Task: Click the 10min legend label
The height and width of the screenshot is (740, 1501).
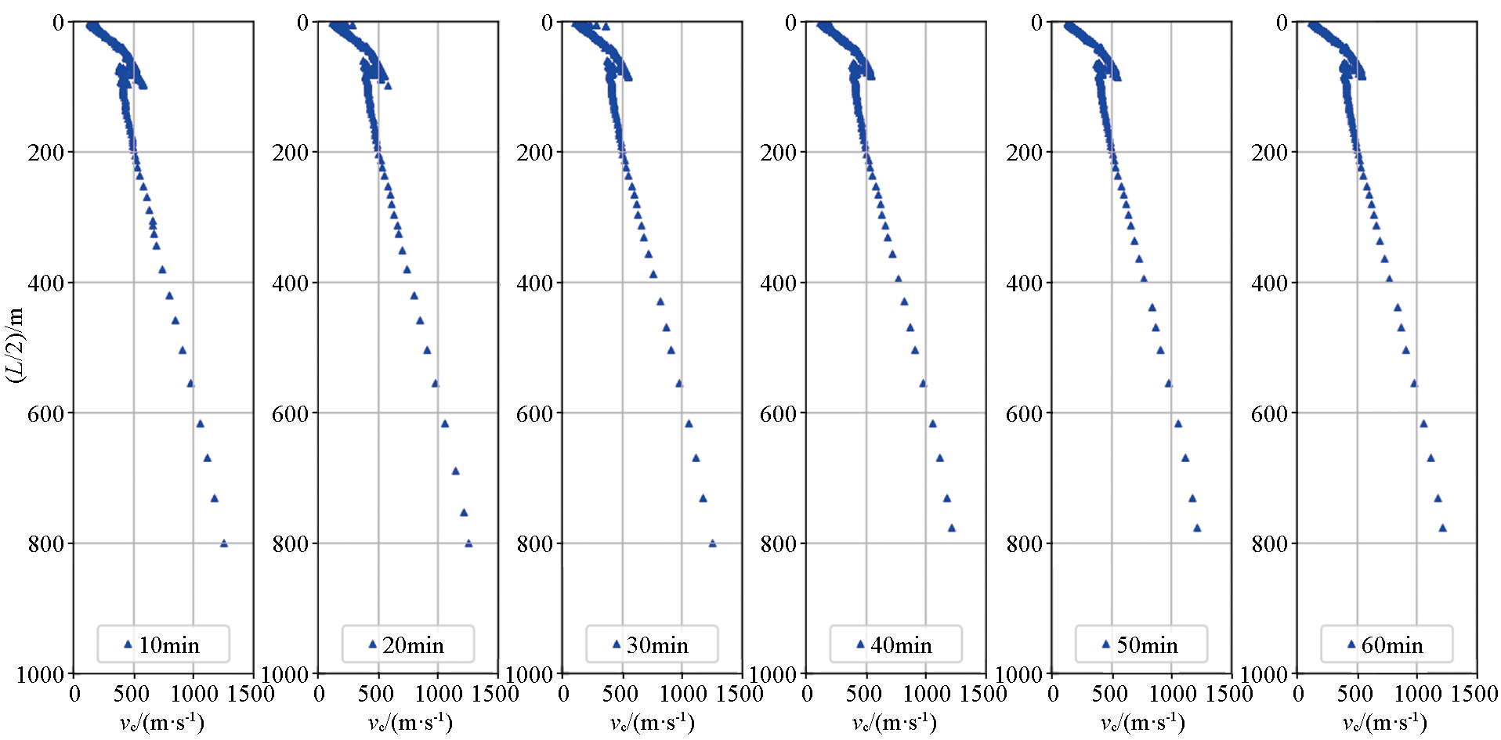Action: click(169, 645)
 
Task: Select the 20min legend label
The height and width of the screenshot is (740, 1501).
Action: click(414, 645)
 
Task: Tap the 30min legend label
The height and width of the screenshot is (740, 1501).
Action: click(657, 645)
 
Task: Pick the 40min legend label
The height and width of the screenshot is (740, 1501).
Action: click(901, 645)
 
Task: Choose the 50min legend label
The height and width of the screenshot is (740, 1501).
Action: click(1147, 645)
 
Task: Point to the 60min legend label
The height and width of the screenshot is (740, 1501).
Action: click(1392, 645)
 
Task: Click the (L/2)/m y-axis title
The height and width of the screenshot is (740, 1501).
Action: click(15, 345)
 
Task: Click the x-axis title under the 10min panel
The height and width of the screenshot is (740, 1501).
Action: click(162, 722)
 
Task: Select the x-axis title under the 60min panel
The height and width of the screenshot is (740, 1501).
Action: click(1385, 722)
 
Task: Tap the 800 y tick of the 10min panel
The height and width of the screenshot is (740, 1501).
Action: click(46, 543)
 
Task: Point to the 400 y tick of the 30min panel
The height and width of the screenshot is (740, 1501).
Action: click(535, 283)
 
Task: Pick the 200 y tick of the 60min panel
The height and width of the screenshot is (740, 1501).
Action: click(1270, 152)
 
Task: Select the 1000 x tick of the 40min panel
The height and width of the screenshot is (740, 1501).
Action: click(926, 694)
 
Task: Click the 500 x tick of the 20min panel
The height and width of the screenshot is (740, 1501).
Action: click(376, 694)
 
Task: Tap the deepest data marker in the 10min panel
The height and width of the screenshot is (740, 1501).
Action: click(224, 543)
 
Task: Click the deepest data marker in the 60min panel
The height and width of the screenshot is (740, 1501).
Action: click(1442, 528)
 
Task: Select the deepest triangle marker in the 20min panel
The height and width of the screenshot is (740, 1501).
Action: click(468, 543)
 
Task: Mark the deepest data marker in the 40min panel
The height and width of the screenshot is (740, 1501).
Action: click(952, 528)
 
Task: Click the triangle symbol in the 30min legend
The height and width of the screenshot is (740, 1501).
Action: click(617, 644)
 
